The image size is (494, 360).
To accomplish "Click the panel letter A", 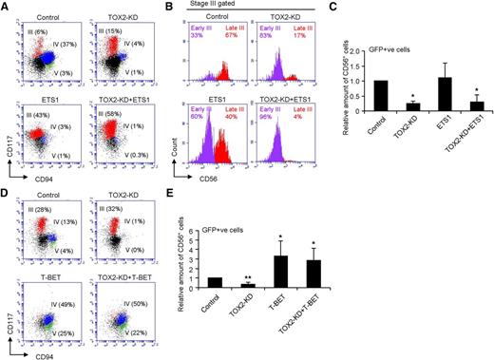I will pyautogui.click(x=7, y=7).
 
